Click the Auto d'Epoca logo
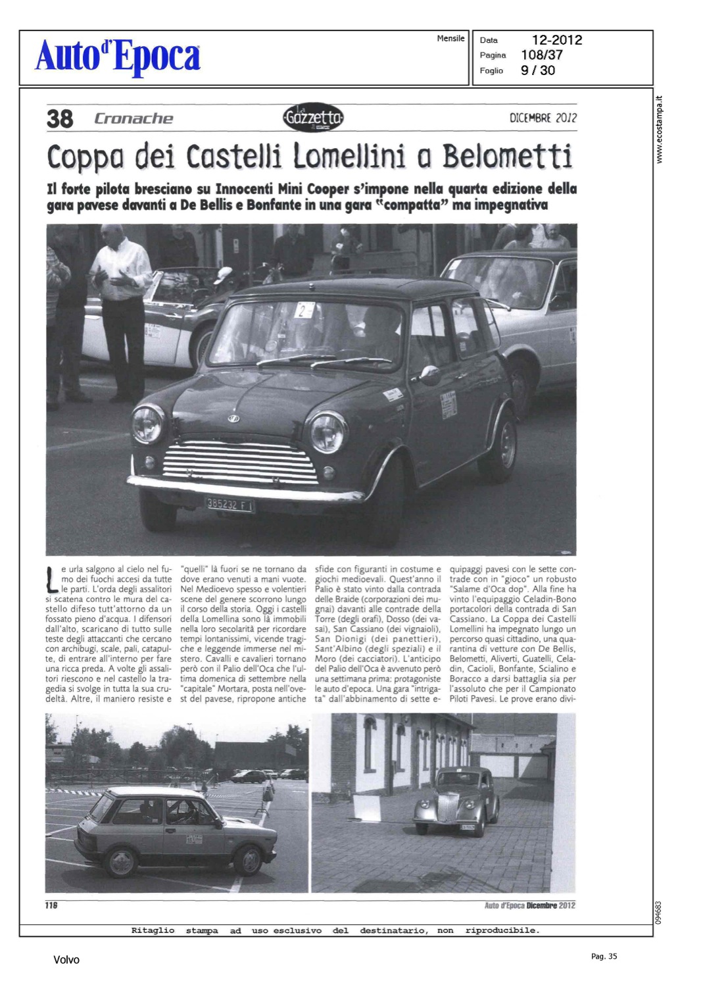coord(118,56)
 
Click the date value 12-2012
coord(557,40)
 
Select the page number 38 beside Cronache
coord(60,119)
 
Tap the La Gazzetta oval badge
coord(313,118)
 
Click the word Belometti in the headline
coord(507,157)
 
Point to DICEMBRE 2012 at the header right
coord(543,118)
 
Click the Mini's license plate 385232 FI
coord(230,504)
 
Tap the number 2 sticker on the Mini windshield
coord(304,309)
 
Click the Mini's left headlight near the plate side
coord(327,432)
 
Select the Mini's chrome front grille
coord(240,462)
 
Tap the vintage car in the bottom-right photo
coord(456,801)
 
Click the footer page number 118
coord(51,905)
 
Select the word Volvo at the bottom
coord(66,960)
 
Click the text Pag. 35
coord(604,957)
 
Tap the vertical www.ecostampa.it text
coord(660,130)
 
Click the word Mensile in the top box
coord(450,39)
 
